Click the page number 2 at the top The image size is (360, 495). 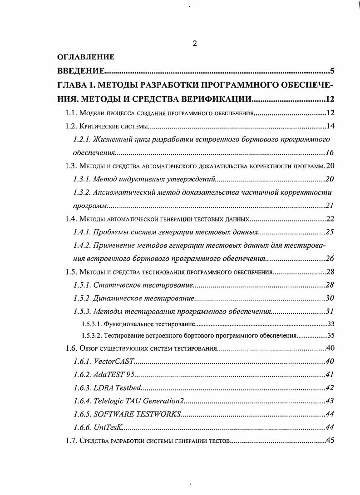click(194, 44)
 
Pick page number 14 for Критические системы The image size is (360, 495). click(330, 126)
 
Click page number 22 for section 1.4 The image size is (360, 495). click(330, 219)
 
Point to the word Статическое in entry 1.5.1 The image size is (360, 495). click(112, 285)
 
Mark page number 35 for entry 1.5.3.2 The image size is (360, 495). click(330, 336)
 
